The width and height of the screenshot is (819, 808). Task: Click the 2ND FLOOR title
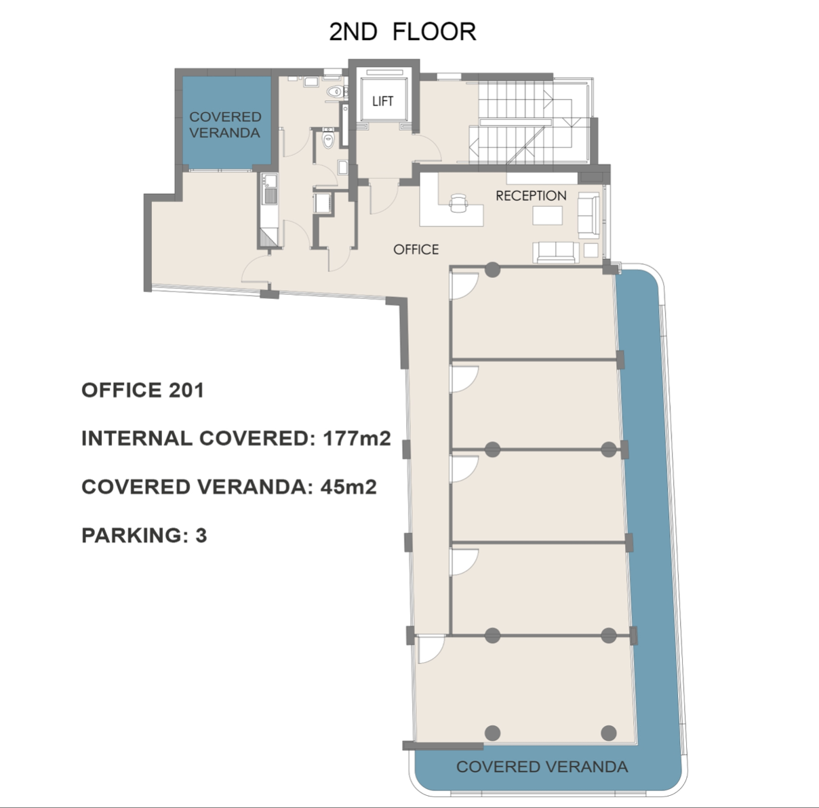coord(402,32)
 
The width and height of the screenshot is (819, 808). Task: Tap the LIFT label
coord(382,101)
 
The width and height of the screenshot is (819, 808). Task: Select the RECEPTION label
coord(531,196)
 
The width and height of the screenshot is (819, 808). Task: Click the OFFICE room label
coord(416,249)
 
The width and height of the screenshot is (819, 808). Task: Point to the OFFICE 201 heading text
coord(142,390)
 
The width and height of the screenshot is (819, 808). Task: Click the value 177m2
coord(357,439)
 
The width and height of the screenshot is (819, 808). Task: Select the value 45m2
coord(348,487)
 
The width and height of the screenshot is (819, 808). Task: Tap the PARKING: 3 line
coord(144,536)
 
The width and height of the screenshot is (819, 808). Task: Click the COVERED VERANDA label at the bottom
coord(542,767)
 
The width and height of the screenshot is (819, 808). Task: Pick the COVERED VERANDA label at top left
coord(224,125)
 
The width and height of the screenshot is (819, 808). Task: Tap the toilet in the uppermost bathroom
coord(334,91)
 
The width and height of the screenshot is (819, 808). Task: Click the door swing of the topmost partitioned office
coord(464,284)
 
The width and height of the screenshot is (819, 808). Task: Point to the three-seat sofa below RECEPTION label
coord(556,251)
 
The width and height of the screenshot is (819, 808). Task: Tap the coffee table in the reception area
coord(547,216)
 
